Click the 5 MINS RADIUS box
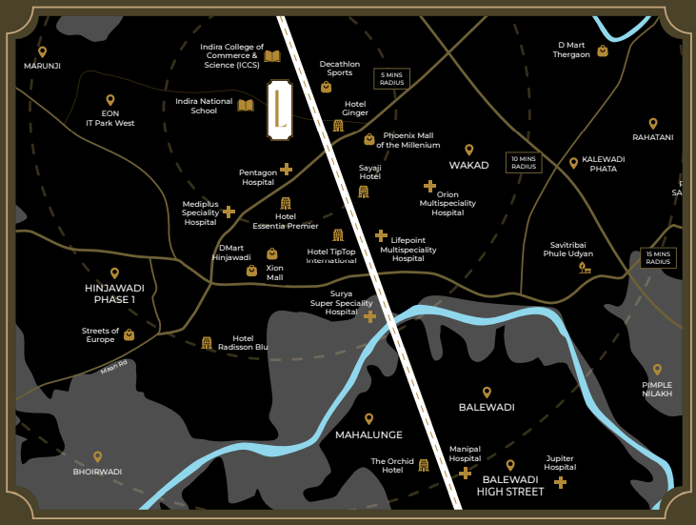pyautogui.click(x=391, y=78)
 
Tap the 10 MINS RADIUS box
pyautogui.click(x=523, y=163)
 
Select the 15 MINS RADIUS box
pyautogui.click(x=658, y=258)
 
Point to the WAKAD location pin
pyautogui.click(x=468, y=150)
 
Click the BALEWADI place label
pyautogui.click(x=486, y=407)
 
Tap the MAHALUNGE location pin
pyautogui.click(x=369, y=418)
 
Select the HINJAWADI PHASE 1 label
pyautogui.click(x=114, y=293)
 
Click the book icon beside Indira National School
pyautogui.click(x=246, y=105)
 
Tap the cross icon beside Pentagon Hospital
pyautogui.click(x=286, y=170)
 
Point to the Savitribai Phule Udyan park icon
pyautogui.click(x=584, y=268)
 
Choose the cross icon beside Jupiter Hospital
pyautogui.click(x=560, y=483)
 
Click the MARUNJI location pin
pyautogui.click(x=41, y=52)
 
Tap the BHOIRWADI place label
pyautogui.click(x=97, y=472)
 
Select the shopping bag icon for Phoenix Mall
pyautogui.click(x=369, y=139)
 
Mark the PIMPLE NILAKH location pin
pyautogui.click(x=656, y=370)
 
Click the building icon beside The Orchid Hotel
pyautogui.click(x=424, y=465)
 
